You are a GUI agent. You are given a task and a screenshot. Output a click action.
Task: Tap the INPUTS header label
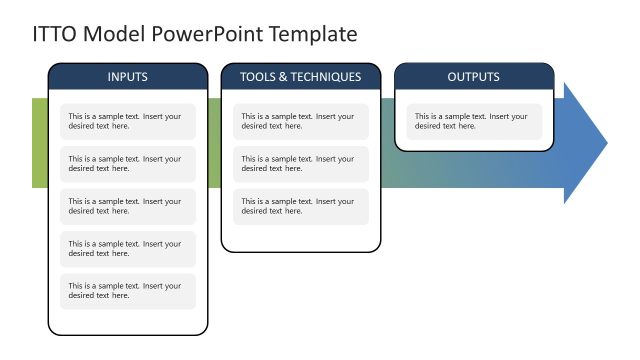[x=127, y=77]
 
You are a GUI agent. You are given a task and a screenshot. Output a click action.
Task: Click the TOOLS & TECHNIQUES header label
[x=300, y=77]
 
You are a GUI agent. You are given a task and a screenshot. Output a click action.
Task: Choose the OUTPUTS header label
[x=473, y=77]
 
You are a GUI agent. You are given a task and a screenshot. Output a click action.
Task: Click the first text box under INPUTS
[x=127, y=121]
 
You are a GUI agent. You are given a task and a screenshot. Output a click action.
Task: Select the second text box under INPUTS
[x=127, y=164]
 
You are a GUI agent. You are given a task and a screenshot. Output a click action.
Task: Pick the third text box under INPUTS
[x=127, y=206]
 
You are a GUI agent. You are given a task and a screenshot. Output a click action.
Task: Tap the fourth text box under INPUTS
[x=127, y=249]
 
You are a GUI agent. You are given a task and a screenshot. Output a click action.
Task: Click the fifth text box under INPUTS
[x=127, y=291]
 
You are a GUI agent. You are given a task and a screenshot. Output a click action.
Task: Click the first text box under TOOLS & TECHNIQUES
[x=300, y=121]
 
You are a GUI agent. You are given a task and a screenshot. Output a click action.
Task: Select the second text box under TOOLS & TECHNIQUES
[x=300, y=164]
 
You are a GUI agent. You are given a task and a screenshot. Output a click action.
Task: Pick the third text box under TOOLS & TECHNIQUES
[x=300, y=206]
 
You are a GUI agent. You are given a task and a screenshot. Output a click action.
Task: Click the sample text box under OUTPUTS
[x=473, y=121]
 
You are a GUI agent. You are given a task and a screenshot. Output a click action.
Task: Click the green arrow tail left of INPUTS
[x=40, y=143]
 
